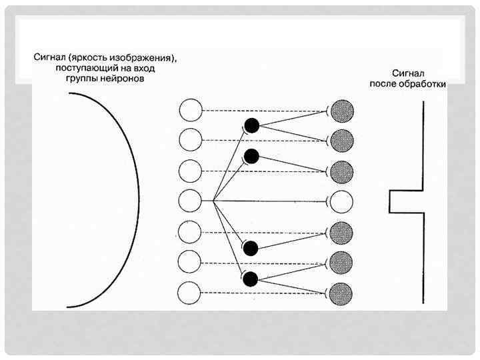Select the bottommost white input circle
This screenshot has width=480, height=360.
[x=191, y=293]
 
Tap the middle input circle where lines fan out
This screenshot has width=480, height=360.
[x=191, y=200]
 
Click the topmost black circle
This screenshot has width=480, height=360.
[x=251, y=125]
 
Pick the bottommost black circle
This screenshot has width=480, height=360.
[x=251, y=279]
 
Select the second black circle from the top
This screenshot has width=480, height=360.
[x=251, y=156]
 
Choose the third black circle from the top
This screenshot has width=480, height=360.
[x=251, y=249]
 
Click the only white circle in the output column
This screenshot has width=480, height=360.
[x=341, y=200]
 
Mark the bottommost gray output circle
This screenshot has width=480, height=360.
[x=341, y=293]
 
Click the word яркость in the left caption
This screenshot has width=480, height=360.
[x=87, y=57]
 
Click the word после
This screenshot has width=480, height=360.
[x=385, y=84]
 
